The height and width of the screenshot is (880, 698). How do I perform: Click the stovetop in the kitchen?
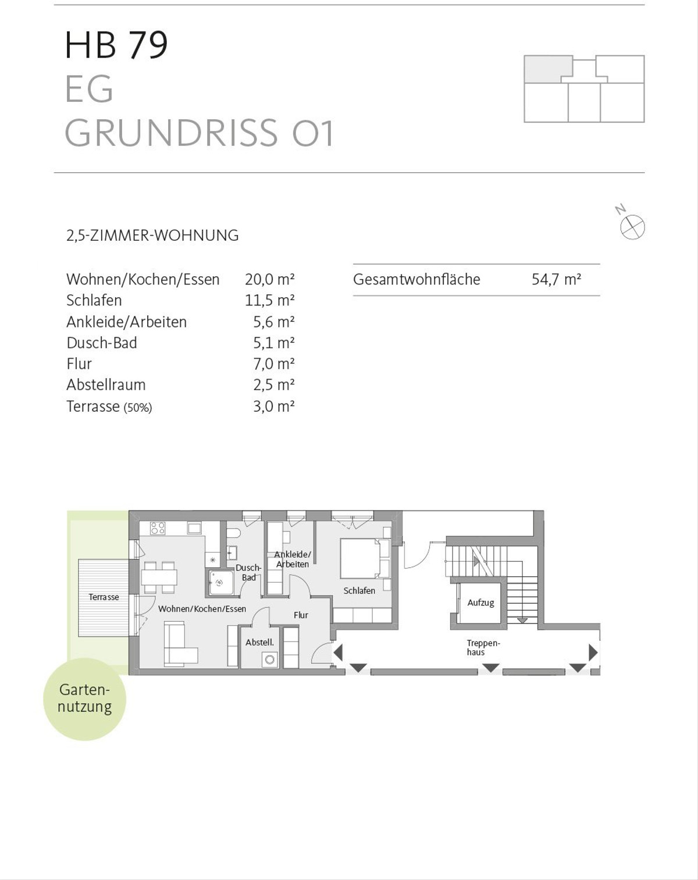point(158,528)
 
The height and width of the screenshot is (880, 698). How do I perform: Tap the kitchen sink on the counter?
point(194,528)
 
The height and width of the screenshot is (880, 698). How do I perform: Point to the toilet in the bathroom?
point(232,533)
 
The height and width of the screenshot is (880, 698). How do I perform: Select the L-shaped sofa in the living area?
point(180,644)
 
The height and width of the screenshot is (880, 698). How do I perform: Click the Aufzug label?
point(480,603)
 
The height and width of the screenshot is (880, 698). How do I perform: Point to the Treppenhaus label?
point(483,648)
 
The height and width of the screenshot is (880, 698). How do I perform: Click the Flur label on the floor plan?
point(301,615)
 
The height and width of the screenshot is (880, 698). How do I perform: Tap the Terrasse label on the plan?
point(104,597)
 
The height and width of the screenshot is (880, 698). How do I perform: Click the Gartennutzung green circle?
point(85,699)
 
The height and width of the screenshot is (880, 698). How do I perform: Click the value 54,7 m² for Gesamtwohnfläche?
point(556,280)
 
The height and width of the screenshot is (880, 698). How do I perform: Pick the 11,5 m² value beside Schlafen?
point(269,301)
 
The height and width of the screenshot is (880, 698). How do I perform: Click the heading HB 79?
point(116,45)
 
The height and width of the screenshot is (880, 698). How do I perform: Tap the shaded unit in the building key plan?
point(547,69)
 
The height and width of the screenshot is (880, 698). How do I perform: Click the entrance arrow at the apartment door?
point(338,653)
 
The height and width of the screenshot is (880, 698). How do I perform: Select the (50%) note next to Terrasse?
point(138,408)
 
